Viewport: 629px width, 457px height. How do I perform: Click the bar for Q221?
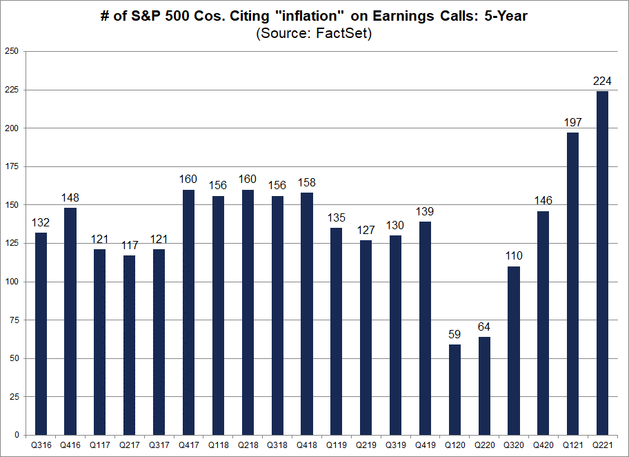coord(602,263)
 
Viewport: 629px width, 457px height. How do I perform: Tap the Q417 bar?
coord(189,312)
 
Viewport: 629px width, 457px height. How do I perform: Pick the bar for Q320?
coord(514,351)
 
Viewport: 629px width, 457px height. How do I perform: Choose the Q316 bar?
coord(41,333)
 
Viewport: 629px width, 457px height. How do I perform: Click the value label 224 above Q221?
coord(602,81)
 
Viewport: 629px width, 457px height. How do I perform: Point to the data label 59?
coord(455,335)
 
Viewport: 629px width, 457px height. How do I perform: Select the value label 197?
coord(572,123)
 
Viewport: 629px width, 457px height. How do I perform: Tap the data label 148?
coord(70,198)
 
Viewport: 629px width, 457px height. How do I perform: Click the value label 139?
coord(425,212)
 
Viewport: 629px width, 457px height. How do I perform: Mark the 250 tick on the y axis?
coord(12,52)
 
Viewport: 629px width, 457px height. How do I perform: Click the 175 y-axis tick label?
coord(12,167)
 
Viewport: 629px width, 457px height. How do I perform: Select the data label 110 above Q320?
coord(514,256)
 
